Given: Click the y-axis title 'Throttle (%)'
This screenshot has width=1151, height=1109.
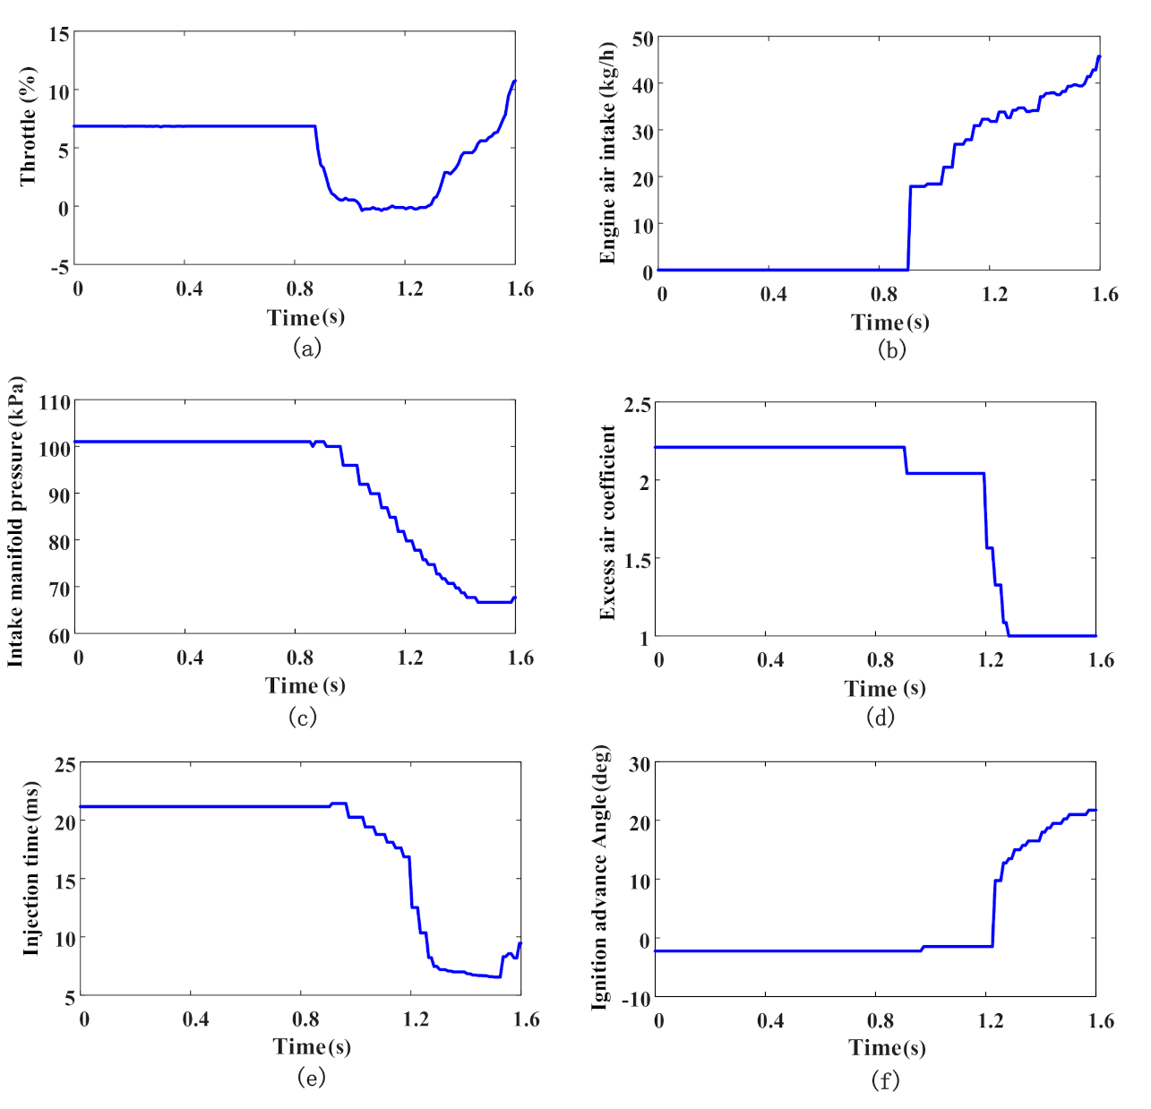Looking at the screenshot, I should pos(29,126).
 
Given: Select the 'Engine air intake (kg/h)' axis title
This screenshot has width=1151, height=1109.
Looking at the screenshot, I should pos(608,152).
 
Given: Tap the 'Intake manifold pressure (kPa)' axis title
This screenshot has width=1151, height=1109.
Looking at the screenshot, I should pos(15,521).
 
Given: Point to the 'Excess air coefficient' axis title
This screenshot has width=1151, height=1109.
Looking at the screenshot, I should pos(608,522).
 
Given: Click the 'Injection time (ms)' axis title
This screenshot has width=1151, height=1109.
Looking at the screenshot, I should pos(31,868).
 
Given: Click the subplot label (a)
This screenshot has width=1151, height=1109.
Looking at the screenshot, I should pos(306,348).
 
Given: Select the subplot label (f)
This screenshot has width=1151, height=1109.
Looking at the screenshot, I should pos(884,1080).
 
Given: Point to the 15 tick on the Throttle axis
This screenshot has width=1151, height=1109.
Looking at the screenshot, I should pos(59,35).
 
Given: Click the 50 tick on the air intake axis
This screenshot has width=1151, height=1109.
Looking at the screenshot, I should pos(642,39).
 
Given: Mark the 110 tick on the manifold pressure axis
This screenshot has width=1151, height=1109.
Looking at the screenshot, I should pos(55,403).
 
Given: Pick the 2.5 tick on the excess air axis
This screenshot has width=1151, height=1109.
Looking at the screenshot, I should pos(637,405).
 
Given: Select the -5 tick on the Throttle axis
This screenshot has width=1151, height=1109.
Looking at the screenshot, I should pos(59,267).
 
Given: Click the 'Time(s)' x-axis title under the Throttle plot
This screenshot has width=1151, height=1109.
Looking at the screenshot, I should pos(305,317).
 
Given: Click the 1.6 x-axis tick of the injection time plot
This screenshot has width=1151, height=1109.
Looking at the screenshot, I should pos(526,1019).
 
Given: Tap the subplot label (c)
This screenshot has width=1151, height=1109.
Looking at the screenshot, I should pos(302,717).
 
